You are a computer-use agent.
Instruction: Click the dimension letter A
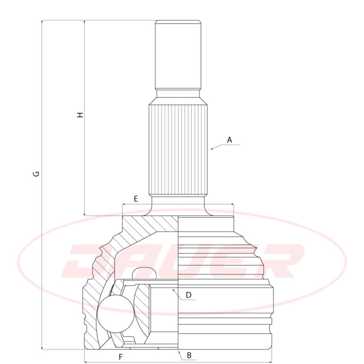coord(229,140)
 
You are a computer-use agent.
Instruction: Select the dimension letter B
coord(189,355)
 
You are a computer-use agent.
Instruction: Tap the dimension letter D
coord(189,295)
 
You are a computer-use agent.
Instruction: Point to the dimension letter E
coord(136,199)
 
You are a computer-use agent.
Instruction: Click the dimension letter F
coord(120,357)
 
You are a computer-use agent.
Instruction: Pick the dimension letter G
coord(36,173)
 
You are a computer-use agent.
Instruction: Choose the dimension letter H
coord(80,115)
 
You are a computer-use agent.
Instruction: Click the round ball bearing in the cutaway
coord(116,314)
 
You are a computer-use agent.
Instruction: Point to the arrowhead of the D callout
coord(173,290)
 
